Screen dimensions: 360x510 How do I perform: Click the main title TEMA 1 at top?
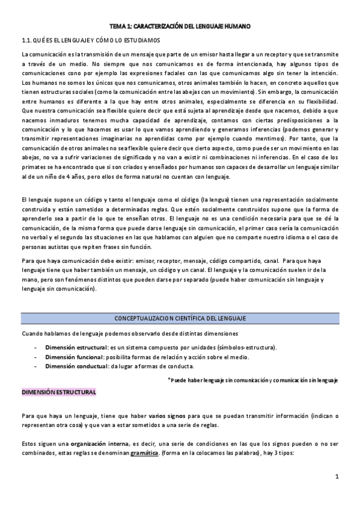[180, 27]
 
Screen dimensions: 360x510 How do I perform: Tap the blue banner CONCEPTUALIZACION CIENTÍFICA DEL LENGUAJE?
[180, 318]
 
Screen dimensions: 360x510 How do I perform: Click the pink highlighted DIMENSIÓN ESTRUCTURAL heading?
[59, 392]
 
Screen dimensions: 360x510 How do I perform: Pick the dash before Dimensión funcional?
[37, 357]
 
